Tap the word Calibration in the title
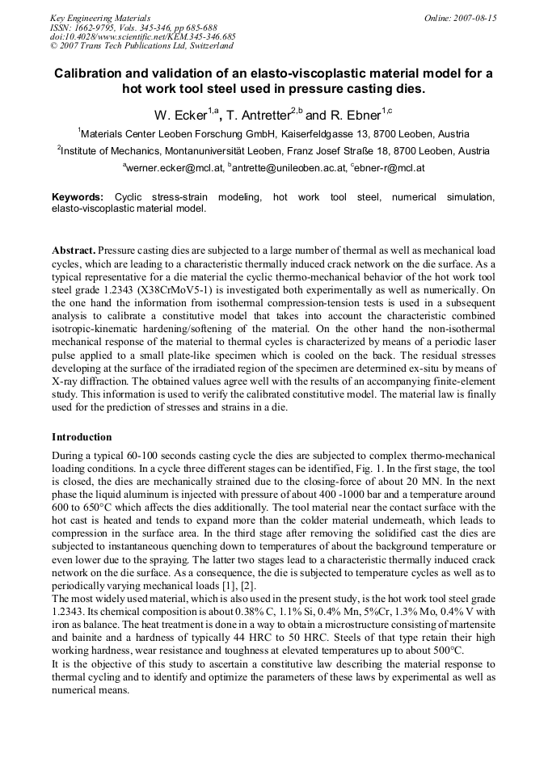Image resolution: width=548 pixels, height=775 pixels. (92, 74)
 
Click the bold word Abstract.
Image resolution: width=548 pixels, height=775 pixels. (72, 251)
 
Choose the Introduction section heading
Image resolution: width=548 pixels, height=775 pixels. (82, 437)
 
